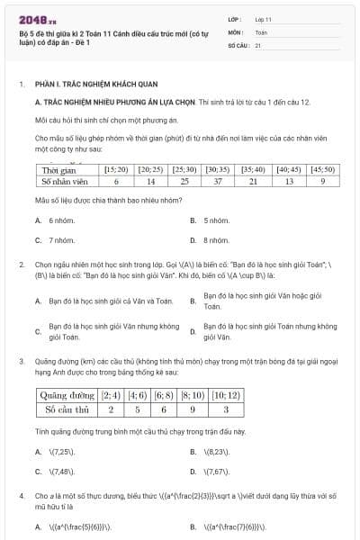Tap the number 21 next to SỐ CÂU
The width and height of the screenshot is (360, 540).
258,44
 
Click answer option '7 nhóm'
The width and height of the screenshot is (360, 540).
61,240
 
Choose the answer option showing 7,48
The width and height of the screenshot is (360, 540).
63,471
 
